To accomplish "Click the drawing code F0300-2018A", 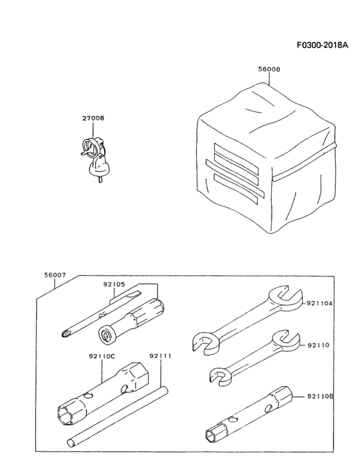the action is point(323,45).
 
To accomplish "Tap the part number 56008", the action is point(269,69).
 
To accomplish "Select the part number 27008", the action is point(93,118).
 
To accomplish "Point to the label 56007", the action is point(55,275).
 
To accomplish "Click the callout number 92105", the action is point(114,284).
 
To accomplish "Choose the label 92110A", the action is point(319,304).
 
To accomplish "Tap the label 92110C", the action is point(102,356).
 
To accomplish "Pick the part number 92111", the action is point(160,356).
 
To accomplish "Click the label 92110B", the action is point(320,396).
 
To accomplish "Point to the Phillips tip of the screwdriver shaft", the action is point(66,333).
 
